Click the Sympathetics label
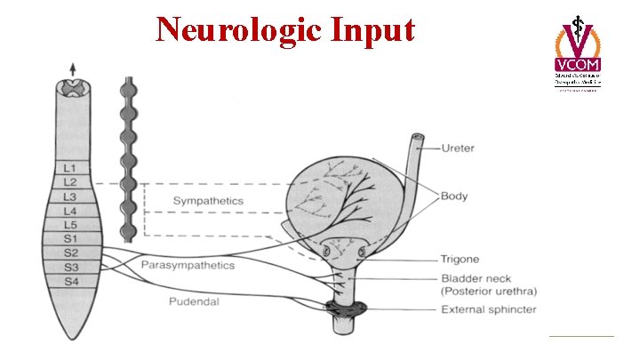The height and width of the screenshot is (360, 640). pyautogui.click(x=207, y=201)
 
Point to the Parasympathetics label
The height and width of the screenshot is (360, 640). pyautogui.click(x=188, y=265)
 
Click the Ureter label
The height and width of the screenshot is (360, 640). pyautogui.click(x=459, y=148)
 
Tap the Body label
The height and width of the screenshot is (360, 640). pyautogui.click(x=453, y=196)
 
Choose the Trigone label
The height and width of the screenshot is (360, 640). pyautogui.click(x=460, y=260)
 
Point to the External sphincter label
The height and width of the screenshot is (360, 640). pyautogui.click(x=488, y=309)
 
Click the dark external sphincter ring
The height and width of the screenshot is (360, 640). pyautogui.click(x=345, y=309)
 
